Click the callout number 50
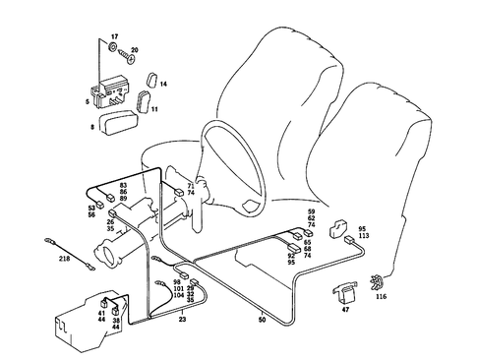[x=263, y=320]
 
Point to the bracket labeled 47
[x=343, y=291]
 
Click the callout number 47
[x=345, y=310]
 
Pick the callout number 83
[x=124, y=185]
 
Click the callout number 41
[x=101, y=313]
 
